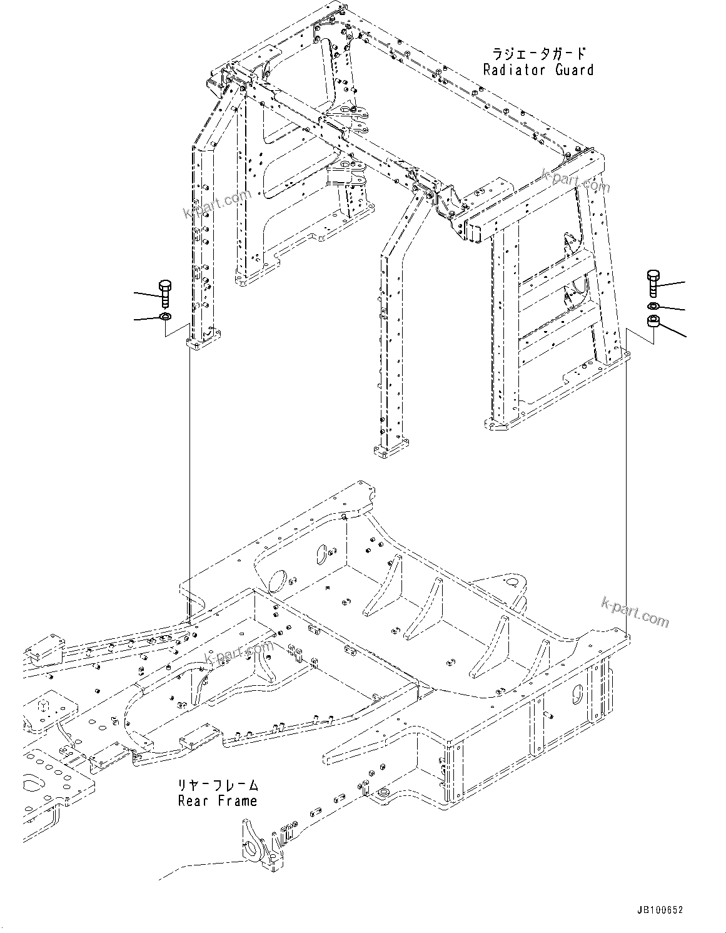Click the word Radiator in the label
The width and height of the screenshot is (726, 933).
pos(508,69)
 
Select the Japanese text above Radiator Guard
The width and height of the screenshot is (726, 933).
pos(538,54)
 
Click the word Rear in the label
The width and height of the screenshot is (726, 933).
pos(192,800)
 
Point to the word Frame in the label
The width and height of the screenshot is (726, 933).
pos(236,800)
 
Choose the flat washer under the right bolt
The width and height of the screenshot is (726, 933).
pos(652,306)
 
